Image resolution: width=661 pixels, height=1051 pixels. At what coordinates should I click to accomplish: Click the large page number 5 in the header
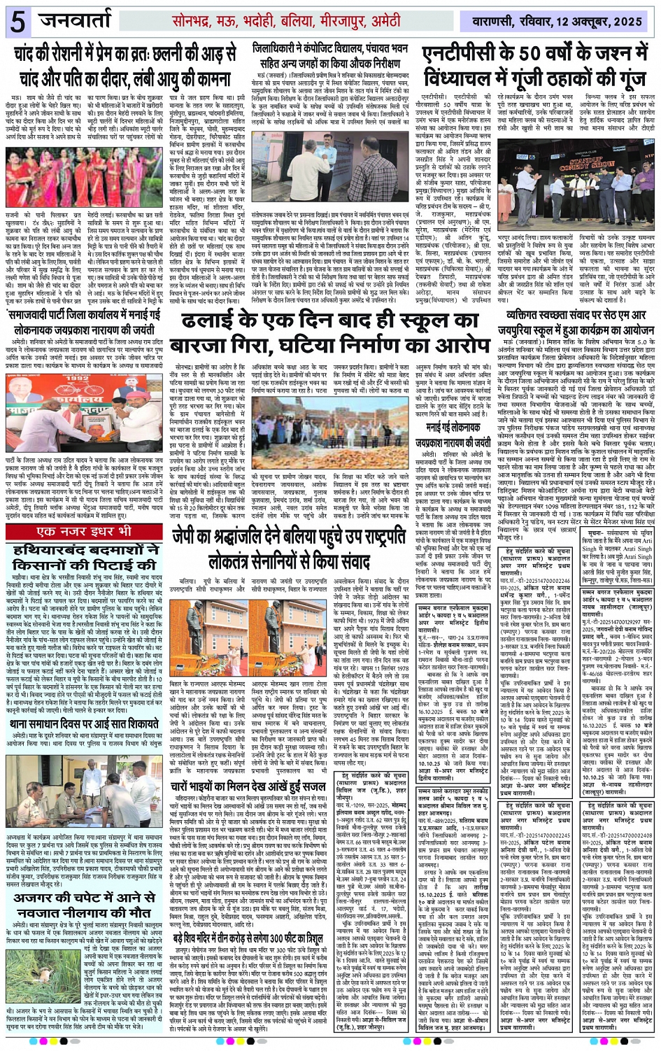(17, 22)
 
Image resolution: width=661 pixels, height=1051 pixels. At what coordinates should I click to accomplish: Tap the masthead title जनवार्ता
(85, 20)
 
